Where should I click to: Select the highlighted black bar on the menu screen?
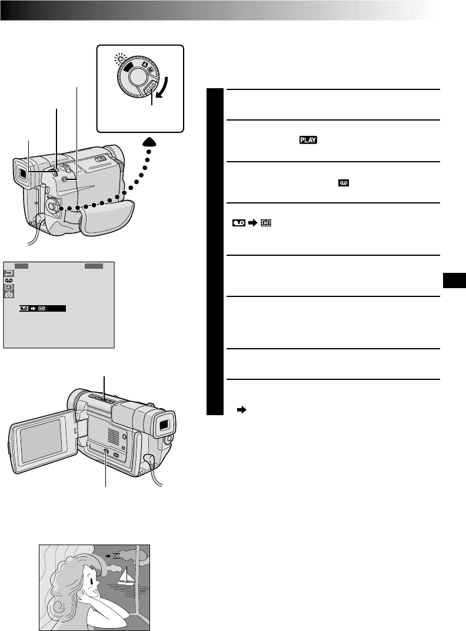click(43, 308)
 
